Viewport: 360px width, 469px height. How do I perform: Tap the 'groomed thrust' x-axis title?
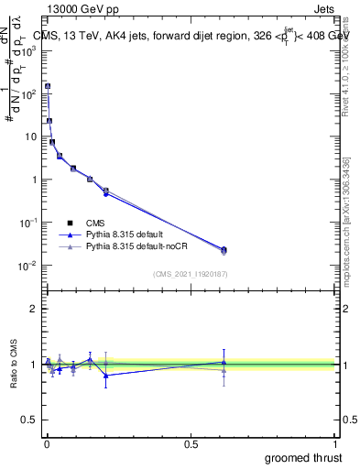tap(304, 457)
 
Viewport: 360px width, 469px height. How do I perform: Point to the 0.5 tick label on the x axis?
tap(191, 443)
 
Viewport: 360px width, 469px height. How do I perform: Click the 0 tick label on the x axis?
tap(47, 443)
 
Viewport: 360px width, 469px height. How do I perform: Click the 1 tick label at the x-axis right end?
tap(335, 443)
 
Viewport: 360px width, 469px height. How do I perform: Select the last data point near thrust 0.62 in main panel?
tap(224, 249)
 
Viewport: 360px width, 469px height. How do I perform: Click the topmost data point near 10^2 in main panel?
tap(48, 86)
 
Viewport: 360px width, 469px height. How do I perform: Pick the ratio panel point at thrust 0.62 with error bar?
tap(224, 363)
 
